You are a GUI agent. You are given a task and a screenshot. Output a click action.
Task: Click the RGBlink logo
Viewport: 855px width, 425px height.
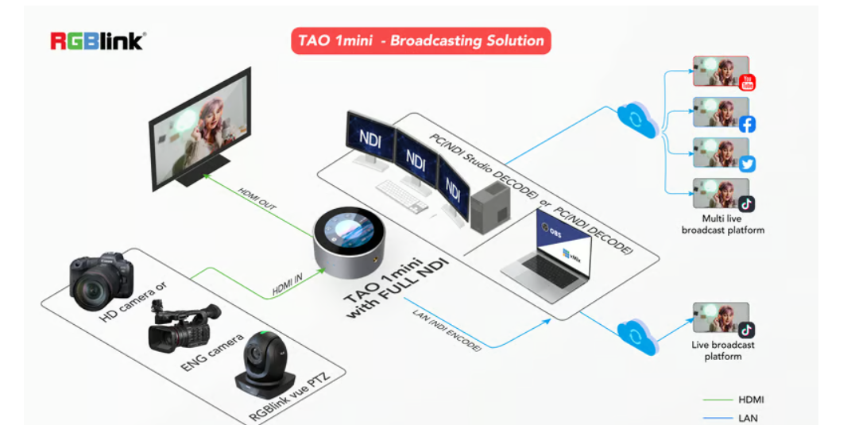click(98, 41)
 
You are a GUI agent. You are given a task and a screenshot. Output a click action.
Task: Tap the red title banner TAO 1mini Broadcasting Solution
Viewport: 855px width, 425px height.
click(420, 41)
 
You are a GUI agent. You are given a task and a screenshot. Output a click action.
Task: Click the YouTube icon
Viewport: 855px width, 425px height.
click(746, 82)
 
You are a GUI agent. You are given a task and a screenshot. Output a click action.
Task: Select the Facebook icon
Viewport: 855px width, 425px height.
click(746, 123)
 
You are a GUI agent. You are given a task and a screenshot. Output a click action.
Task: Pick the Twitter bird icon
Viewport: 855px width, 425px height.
click(746, 164)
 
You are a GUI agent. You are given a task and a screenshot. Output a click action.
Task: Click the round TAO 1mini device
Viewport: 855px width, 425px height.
click(350, 241)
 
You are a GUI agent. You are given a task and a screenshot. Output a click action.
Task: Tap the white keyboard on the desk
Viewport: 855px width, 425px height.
click(402, 194)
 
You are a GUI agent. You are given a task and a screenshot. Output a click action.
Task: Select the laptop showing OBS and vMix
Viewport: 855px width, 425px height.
click(548, 253)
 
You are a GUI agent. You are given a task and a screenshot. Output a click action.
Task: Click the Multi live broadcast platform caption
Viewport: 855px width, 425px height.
click(722, 224)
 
